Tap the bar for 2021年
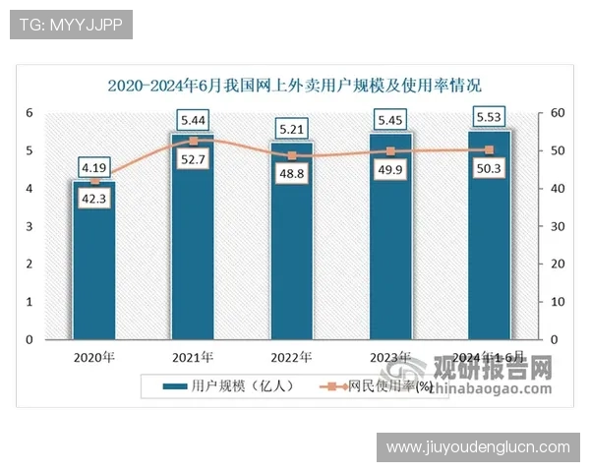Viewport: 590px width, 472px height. coord(193,256)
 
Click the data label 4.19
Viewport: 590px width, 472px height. coord(93,166)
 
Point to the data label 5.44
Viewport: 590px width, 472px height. coord(193,120)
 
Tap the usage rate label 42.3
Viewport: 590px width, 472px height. coord(93,200)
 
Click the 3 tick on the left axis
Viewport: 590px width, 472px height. coord(30,226)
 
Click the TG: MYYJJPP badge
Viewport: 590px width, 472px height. coord(70,25)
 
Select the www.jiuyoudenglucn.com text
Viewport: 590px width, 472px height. coord(478,447)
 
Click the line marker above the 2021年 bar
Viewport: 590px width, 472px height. coord(193,141)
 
